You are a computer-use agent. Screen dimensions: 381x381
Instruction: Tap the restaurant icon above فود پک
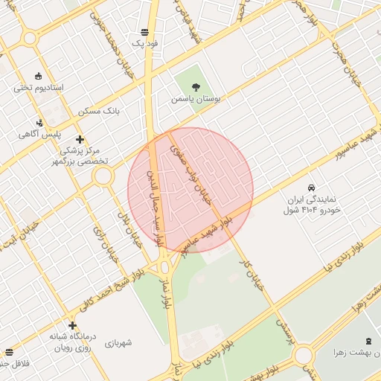pos(144,32)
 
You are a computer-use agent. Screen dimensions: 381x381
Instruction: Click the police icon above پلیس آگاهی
pos(39,123)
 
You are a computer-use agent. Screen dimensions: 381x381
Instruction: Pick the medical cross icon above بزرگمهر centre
pos(80,139)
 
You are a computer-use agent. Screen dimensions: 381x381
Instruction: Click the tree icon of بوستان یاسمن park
pos(196,87)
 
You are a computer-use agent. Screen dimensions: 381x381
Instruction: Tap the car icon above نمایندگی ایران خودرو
pos(312,188)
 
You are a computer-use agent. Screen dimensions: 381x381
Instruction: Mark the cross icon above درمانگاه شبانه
pos(72,325)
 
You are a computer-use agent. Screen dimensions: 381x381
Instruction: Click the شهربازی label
pos(118,343)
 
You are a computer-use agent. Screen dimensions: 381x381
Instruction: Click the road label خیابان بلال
pos(130,225)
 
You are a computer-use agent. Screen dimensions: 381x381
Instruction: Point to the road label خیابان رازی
pos(100,243)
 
